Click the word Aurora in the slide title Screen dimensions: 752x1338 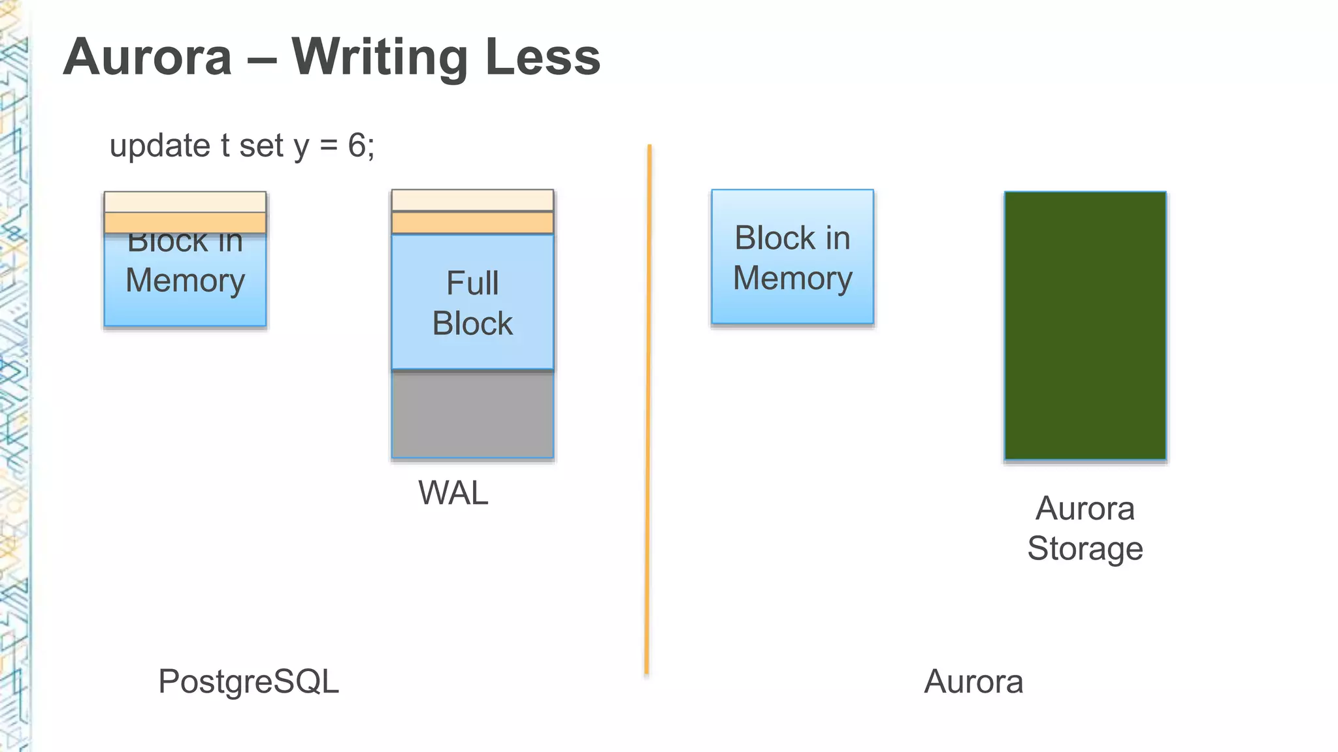(148, 57)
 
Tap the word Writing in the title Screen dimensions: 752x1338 (380, 57)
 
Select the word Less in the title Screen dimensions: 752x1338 (542, 57)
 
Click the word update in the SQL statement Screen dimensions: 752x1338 (159, 146)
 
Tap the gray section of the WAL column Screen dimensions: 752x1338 (472, 415)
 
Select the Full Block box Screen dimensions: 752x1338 (472, 302)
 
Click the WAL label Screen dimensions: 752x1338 (453, 493)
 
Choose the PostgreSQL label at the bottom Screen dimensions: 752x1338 (248, 681)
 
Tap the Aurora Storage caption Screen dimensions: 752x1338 (1085, 528)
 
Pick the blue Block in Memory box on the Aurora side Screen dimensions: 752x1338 (792, 257)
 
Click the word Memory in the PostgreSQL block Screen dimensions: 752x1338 (185, 281)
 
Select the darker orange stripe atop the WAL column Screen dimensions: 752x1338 (472, 223)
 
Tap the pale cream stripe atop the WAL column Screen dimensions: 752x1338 (472, 200)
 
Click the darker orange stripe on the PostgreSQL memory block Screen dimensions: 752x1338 (185, 223)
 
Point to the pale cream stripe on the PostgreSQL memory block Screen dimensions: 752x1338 (185, 202)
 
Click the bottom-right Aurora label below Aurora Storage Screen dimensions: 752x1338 (973, 681)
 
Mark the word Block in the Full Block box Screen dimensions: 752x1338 (472, 324)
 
